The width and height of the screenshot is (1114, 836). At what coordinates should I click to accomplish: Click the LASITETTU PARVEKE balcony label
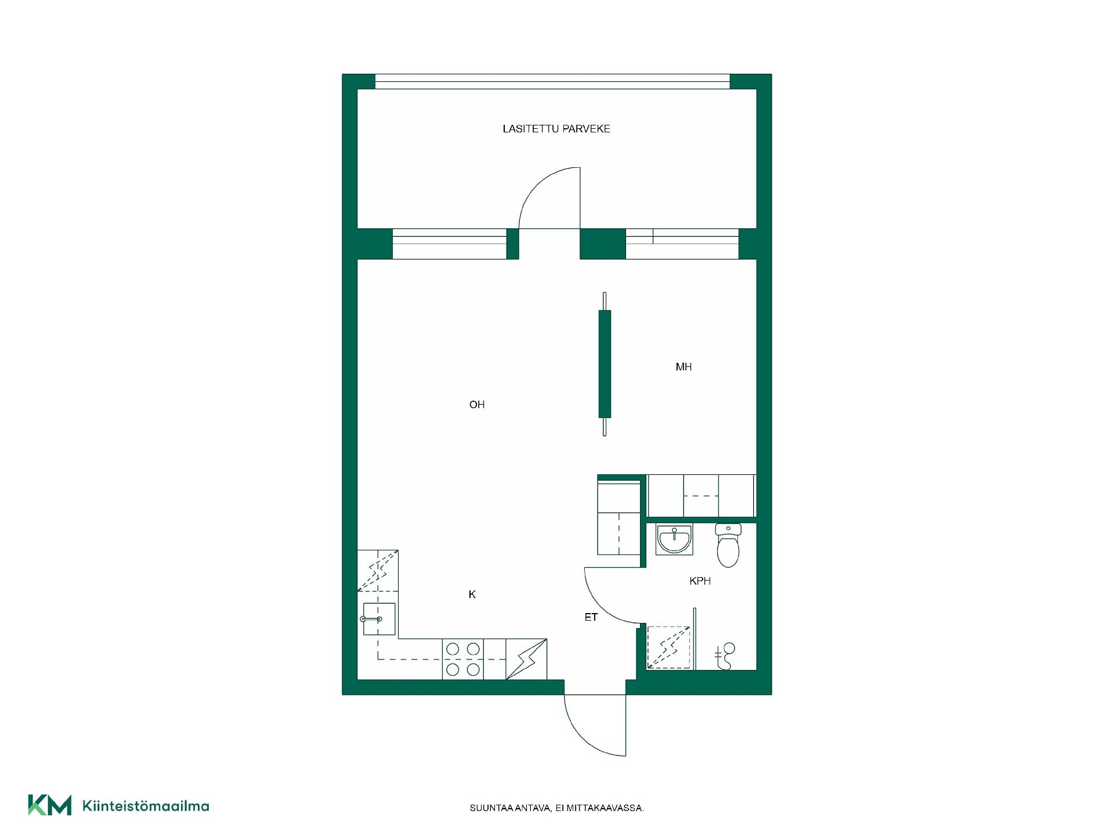click(x=556, y=129)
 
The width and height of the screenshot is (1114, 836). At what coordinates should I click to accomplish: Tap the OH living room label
click(x=477, y=405)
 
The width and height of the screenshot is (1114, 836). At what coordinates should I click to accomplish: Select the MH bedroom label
click(x=683, y=367)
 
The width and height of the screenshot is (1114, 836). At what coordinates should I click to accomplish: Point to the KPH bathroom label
click(x=700, y=581)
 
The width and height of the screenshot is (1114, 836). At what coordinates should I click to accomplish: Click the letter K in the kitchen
click(x=472, y=594)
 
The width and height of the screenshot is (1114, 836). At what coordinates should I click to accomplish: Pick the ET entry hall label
click(x=591, y=618)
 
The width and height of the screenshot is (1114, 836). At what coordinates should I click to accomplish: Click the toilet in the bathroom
click(x=728, y=545)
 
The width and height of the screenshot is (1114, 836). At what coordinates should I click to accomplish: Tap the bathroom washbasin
click(x=674, y=539)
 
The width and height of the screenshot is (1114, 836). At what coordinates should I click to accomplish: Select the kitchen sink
click(x=379, y=619)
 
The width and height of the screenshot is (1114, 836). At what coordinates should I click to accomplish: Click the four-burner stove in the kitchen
click(x=463, y=659)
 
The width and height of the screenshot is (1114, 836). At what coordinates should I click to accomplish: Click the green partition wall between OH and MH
click(x=605, y=364)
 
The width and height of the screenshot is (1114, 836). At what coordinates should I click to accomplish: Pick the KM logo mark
click(x=50, y=805)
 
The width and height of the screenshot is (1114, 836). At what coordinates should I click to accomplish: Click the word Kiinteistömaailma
click(x=146, y=806)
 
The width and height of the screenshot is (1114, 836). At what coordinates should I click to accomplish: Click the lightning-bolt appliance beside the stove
click(x=527, y=659)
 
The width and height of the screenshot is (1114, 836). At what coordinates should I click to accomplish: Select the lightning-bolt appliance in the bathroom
click(x=668, y=647)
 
